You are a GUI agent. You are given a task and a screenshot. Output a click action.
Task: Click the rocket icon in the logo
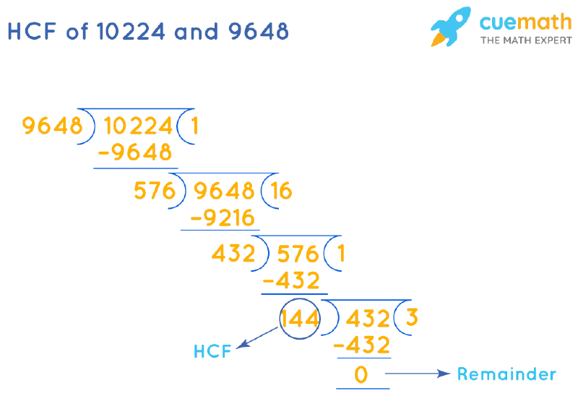click(x=452, y=27)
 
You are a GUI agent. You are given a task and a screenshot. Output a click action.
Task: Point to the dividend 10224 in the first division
click(x=139, y=126)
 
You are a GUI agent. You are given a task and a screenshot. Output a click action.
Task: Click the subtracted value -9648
click(x=135, y=153)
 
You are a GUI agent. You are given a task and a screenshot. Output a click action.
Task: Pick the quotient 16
click(x=281, y=191)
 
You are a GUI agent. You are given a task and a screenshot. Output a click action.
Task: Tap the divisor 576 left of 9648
click(x=155, y=191)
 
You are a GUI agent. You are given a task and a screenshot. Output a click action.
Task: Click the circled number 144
click(x=299, y=318)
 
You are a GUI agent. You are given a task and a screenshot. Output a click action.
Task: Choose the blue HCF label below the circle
click(x=212, y=352)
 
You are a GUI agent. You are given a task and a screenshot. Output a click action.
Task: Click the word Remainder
click(x=506, y=374)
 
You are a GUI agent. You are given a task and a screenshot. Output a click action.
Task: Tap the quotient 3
click(x=412, y=318)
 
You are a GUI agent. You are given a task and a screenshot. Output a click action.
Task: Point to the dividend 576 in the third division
click(x=298, y=254)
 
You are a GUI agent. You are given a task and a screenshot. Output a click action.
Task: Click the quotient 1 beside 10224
click(x=194, y=126)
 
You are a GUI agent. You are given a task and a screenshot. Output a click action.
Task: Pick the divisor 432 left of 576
click(x=233, y=254)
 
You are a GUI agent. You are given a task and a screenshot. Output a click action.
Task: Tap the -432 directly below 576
click(x=291, y=280)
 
